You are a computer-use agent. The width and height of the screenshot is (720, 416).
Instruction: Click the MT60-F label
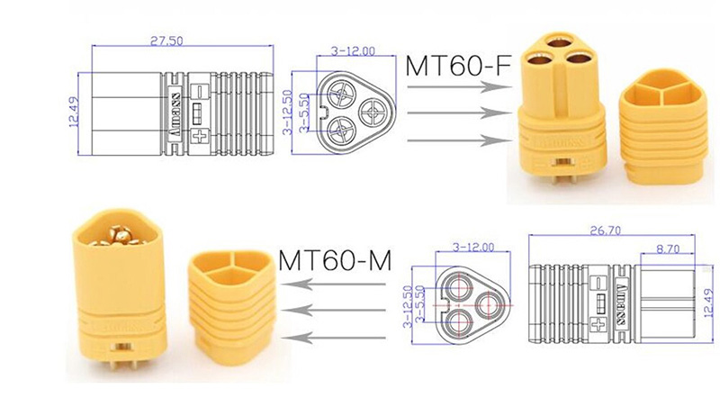point(453,66)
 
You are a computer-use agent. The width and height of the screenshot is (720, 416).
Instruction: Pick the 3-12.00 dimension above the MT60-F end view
point(354,51)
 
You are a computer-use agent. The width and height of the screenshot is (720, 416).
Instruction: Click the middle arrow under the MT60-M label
point(333,311)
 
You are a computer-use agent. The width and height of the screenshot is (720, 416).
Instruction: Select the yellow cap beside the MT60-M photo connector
point(227,301)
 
